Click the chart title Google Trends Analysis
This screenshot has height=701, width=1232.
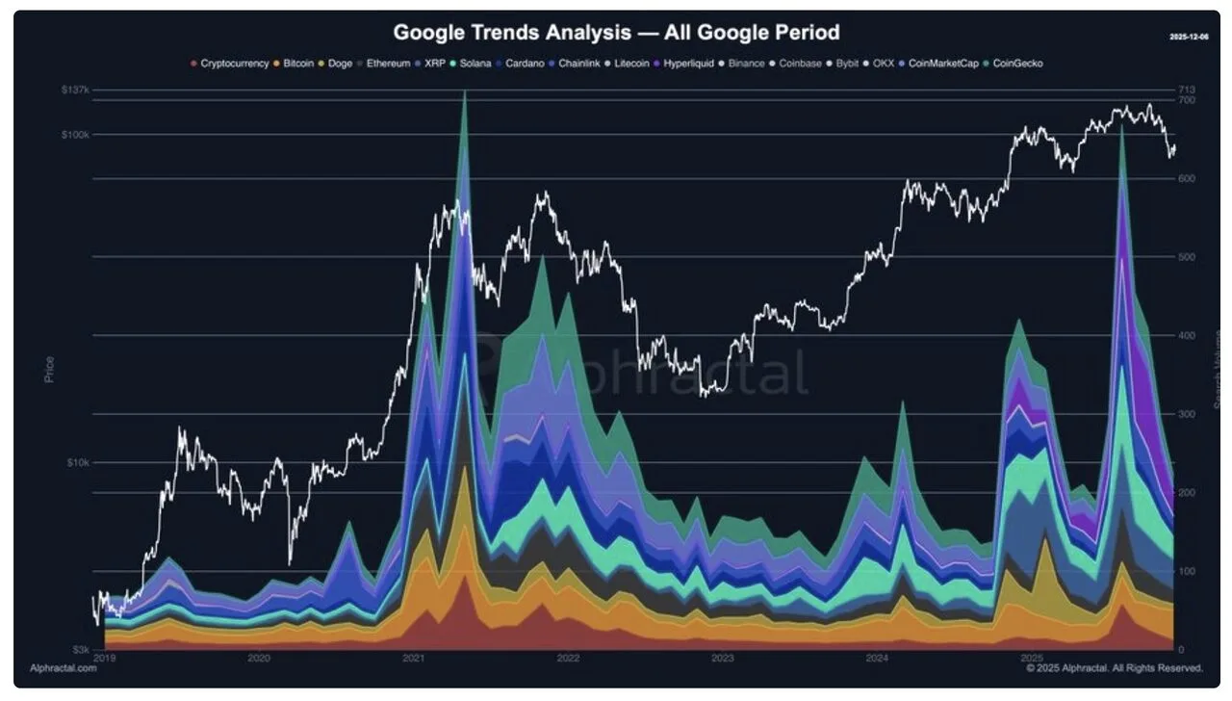pyautogui.click(x=616, y=33)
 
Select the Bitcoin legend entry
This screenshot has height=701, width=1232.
pyautogui.click(x=297, y=64)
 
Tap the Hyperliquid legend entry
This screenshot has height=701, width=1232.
pyautogui.click(x=685, y=64)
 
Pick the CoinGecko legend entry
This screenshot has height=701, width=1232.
pyautogui.click(x=1017, y=64)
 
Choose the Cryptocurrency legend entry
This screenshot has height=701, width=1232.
pyautogui.click(x=234, y=64)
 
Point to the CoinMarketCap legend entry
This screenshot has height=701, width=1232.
pyautogui.click(x=942, y=64)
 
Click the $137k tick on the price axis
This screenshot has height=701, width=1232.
pyautogui.click(x=75, y=90)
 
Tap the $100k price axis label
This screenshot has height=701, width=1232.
pyautogui.click(x=75, y=135)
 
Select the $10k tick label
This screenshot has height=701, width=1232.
pyautogui.click(x=77, y=462)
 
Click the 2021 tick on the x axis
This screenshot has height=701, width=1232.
pyautogui.click(x=413, y=659)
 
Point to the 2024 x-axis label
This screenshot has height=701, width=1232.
pyautogui.click(x=877, y=659)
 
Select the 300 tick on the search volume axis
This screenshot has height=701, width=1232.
pyautogui.click(x=1187, y=414)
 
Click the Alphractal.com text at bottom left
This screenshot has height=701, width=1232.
pyautogui.click(x=63, y=667)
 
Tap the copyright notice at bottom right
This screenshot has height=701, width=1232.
pyautogui.click(x=1114, y=667)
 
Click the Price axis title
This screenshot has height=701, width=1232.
pyautogui.click(x=49, y=369)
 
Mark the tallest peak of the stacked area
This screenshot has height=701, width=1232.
pyautogui.click(x=465, y=92)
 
